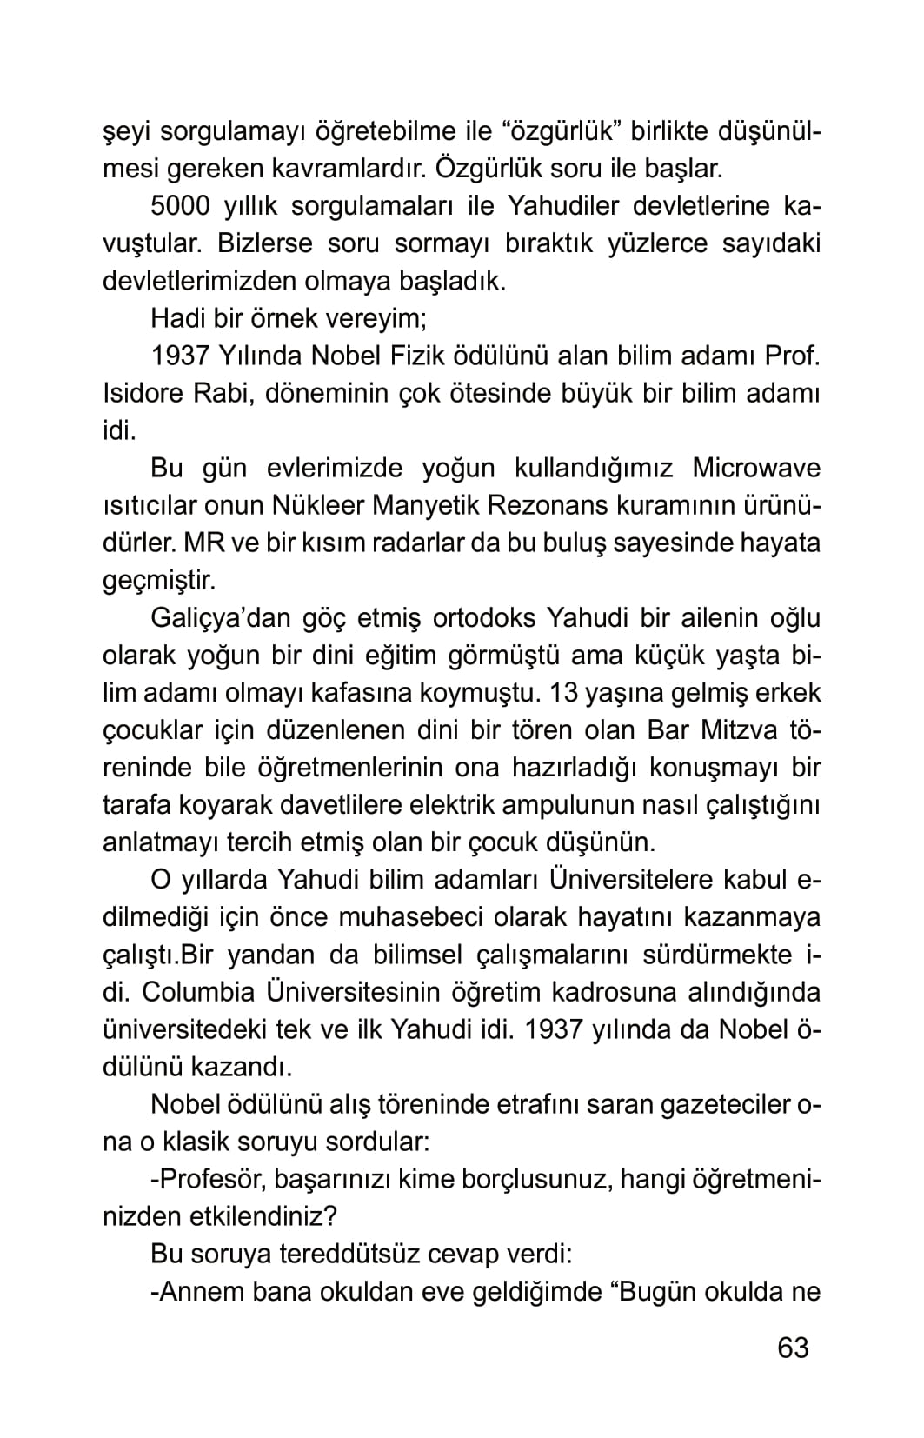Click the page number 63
(793, 1348)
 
